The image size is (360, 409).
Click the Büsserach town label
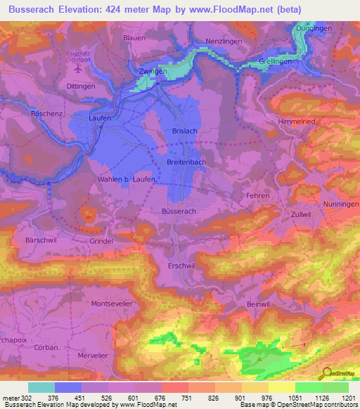coord(179,211)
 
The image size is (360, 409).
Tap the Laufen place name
coord(100,119)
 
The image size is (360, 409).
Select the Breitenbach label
coord(188,162)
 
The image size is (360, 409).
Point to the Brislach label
coord(185,131)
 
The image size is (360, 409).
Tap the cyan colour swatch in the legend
coord(41,387)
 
